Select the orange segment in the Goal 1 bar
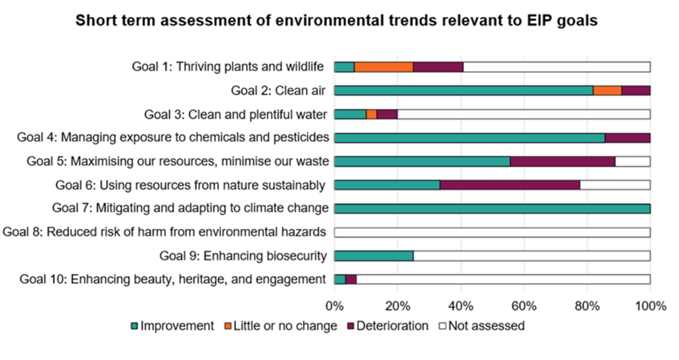click(384, 67)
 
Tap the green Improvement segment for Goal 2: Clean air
click(464, 91)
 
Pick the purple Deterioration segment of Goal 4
click(628, 138)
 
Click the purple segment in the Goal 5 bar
click(563, 161)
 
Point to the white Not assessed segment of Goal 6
click(615, 185)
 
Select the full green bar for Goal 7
click(492, 208)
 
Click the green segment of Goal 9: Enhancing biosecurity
click(374, 255)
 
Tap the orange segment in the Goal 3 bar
click(372, 114)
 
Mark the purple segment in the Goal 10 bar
click(351, 279)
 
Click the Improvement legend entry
click(172, 326)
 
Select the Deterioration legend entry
click(388, 326)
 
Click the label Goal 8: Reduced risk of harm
click(165, 232)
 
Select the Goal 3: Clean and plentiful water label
click(235, 114)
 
